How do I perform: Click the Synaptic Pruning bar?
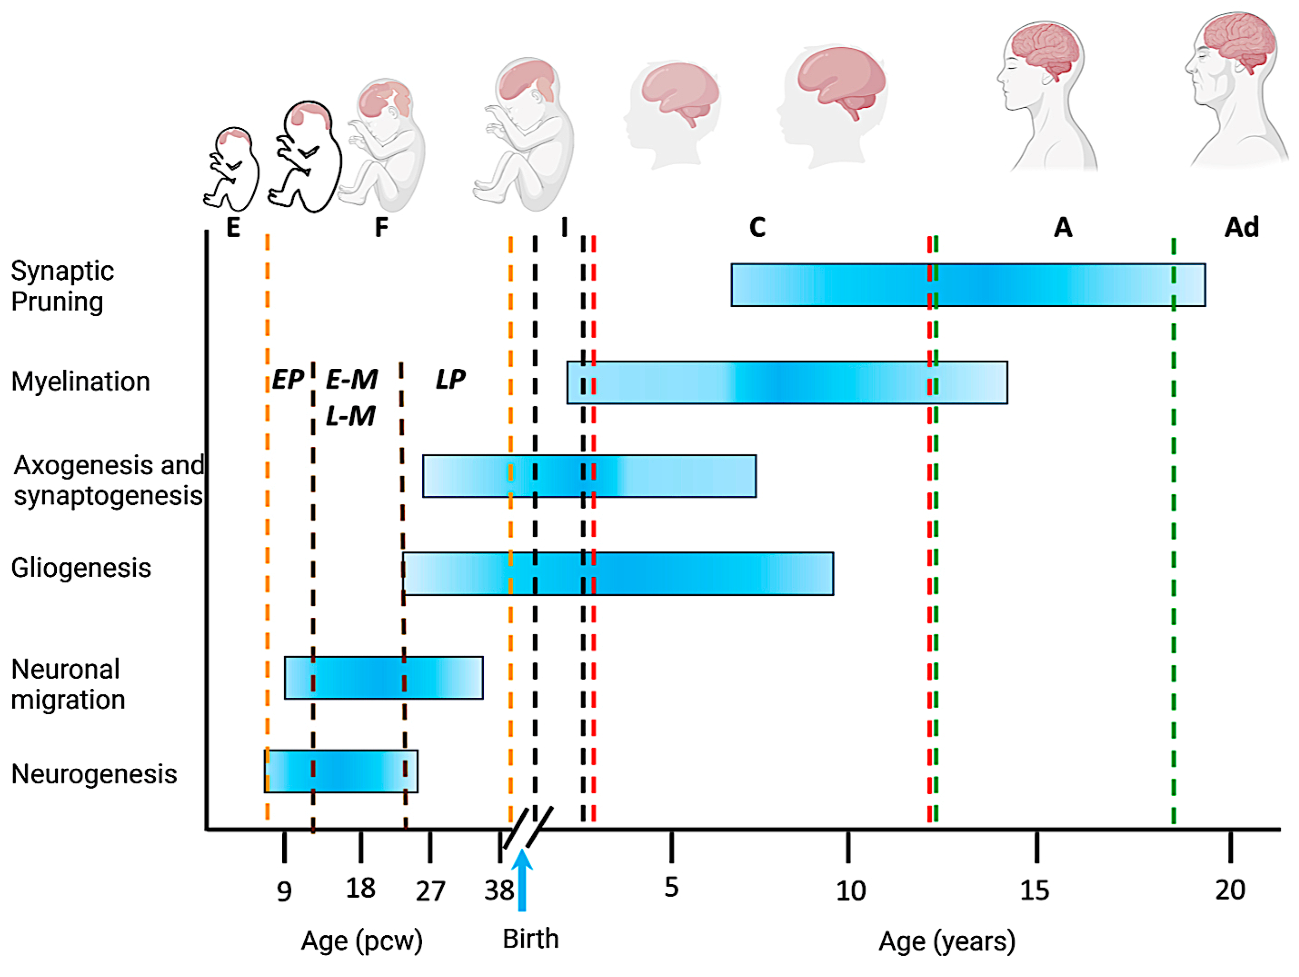tap(968, 285)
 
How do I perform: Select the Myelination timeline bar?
tap(787, 382)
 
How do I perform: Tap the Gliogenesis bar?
tap(618, 573)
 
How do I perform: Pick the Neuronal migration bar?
tap(383, 677)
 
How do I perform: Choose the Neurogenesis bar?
tap(340, 771)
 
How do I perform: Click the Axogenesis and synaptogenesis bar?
tap(589, 476)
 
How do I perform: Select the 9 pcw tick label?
tap(284, 891)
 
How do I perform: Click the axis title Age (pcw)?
tap(362, 941)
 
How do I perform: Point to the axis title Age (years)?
tap(947, 941)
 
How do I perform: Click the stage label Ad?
tap(1241, 228)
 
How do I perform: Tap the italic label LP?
tap(450, 379)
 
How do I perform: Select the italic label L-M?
tap(351, 416)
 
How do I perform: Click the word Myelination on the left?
tap(81, 382)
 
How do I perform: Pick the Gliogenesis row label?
tap(81, 568)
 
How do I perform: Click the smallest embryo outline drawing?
tap(231, 169)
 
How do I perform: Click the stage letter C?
tap(757, 228)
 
